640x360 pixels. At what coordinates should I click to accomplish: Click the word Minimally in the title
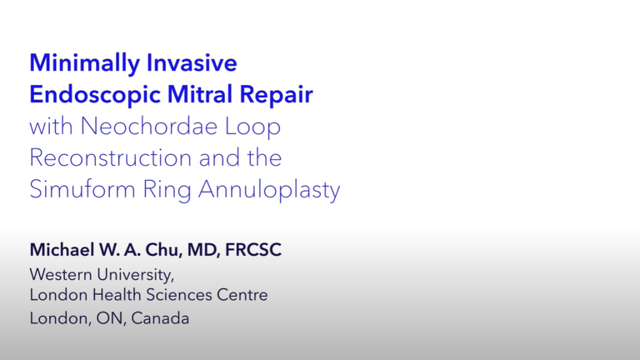pos(84,64)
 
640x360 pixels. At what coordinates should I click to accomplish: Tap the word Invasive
pos(192,62)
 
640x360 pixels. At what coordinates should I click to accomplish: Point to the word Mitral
pos(200,94)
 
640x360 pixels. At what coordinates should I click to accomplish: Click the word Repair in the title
pos(276,96)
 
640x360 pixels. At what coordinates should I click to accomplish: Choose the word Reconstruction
pos(110,157)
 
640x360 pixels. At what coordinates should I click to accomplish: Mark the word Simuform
pos(82,189)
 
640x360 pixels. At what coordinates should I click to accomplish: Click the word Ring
pos(167,191)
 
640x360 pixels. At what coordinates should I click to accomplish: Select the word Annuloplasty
pos(269,191)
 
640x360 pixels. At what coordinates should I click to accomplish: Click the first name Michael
pos(62,249)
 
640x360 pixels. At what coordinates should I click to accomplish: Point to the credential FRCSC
pos(253,250)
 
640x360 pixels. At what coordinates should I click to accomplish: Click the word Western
pos(60,274)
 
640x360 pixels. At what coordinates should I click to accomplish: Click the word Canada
pos(160,318)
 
